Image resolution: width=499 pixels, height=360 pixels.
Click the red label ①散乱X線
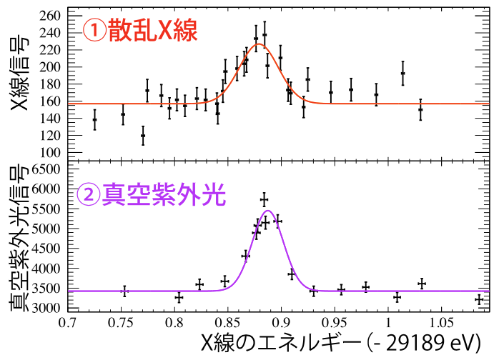tap(140, 30)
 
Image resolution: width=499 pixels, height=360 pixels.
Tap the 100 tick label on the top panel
tap(51, 152)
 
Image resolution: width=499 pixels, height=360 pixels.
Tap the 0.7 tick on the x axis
tap(67, 322)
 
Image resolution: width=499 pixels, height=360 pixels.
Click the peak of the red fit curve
tap(259, 44)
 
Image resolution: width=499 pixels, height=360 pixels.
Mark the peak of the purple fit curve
tap(269, 211)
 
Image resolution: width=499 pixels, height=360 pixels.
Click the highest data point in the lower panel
tap(264, 199)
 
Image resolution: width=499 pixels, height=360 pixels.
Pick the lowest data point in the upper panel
tap(143, 135)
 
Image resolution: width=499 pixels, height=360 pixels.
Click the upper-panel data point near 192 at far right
tap(402, 73)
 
